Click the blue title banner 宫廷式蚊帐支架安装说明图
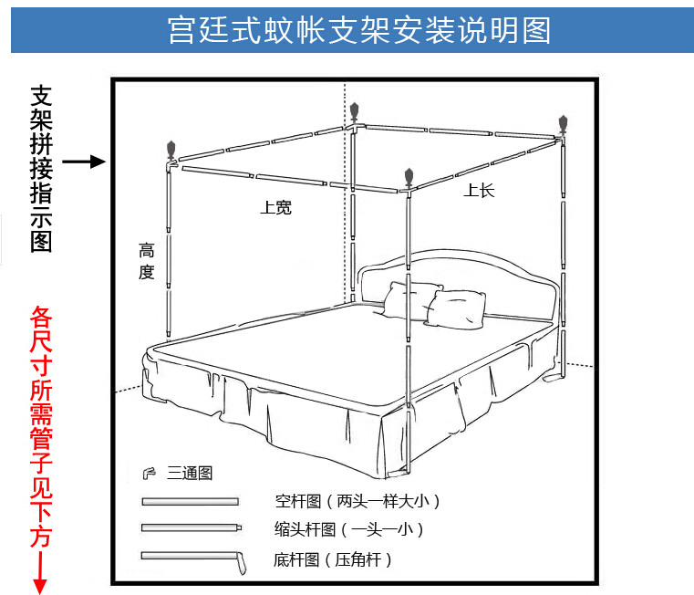coord(347,30)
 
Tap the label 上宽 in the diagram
coord(275,207)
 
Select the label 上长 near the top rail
coord(479,191)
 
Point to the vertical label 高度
coord(147,260)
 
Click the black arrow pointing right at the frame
coord(85,162)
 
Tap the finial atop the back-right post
coord(563,123)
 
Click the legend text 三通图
coord(190,473)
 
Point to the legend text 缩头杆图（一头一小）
coord(348,528)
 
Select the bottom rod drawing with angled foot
coord(193,558)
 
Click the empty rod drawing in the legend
coord(190,501)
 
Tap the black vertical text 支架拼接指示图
coord(42,169)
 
